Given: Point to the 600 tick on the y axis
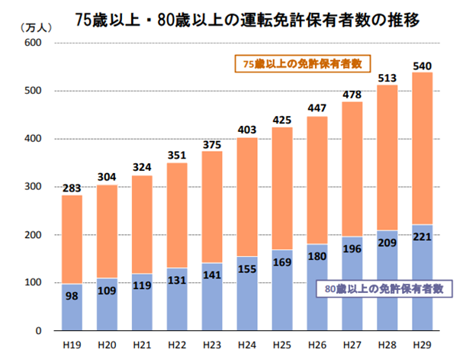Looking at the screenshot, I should point(32,43).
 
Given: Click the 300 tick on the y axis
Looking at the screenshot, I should point(32,188).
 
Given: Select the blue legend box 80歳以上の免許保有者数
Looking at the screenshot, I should point(381,288).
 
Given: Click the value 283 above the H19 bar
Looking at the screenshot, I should point(72,188).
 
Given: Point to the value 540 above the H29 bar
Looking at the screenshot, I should point(423,65).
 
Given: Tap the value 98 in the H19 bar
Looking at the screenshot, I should point(72,297).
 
